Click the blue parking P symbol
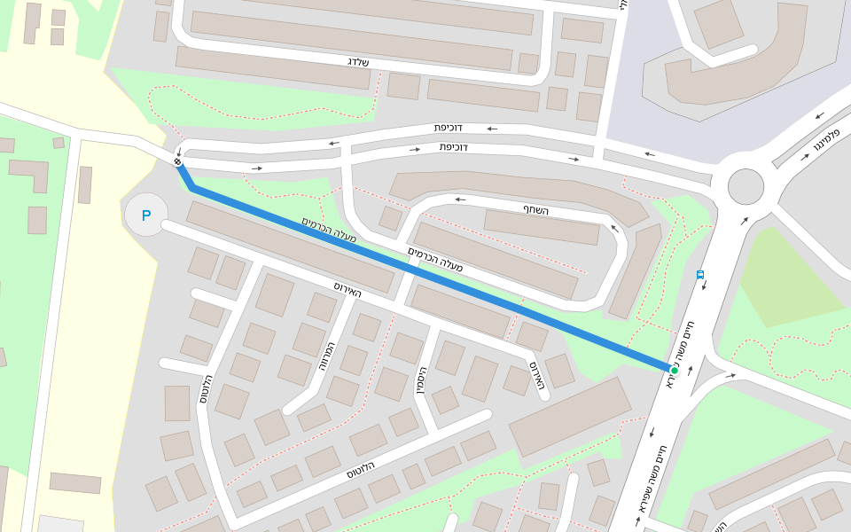[x=146, y=215]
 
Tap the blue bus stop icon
[x=700, y=275]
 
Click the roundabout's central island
[x=746, y=186]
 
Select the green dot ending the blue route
[x=674, y=370]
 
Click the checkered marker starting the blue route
[x=178, y=161]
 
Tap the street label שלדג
[x=358, y=61]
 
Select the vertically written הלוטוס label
[x=206, y=389]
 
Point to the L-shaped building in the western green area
[x=32, y=173]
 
